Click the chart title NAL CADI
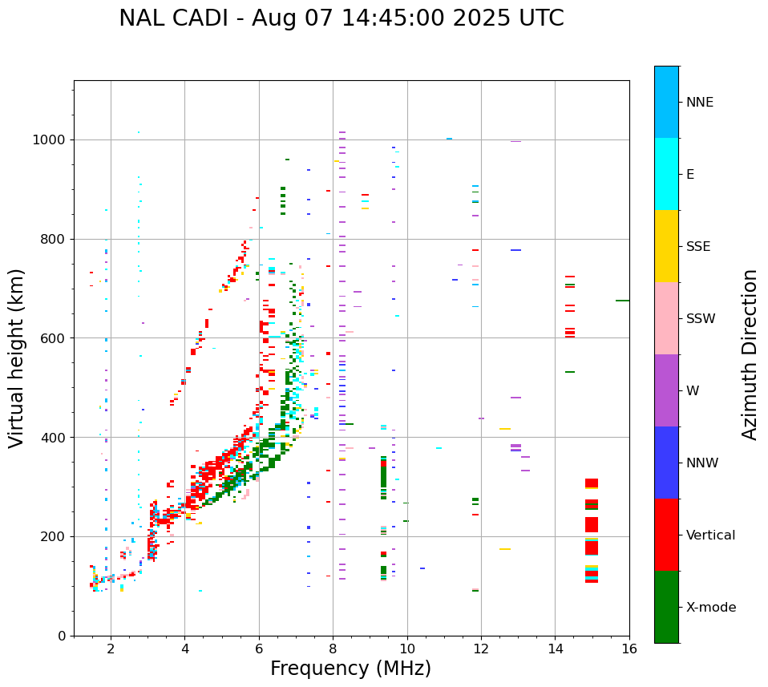tap(341, 18)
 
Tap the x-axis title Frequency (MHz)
tap(350, 669)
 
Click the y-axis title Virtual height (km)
tap(17, 358)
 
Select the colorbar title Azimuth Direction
tap(750, 354)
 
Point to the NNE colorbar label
tap(699, 103)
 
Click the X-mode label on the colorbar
tap(710, 608)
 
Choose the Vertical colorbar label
tap(710, 535)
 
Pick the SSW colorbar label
tap(701, 319)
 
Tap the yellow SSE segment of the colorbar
tap(666, 246)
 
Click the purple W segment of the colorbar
tap(666, 390)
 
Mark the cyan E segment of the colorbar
tap(666, 174)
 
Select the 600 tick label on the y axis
tap(55, 338)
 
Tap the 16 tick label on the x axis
tap(629, 649)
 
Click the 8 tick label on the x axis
tap(333, 649)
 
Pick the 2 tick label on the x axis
tap(111, 649)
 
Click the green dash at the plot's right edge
tap(622, 301)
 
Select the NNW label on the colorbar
tap(702, 463)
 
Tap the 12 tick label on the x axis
tap(481, 649)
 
